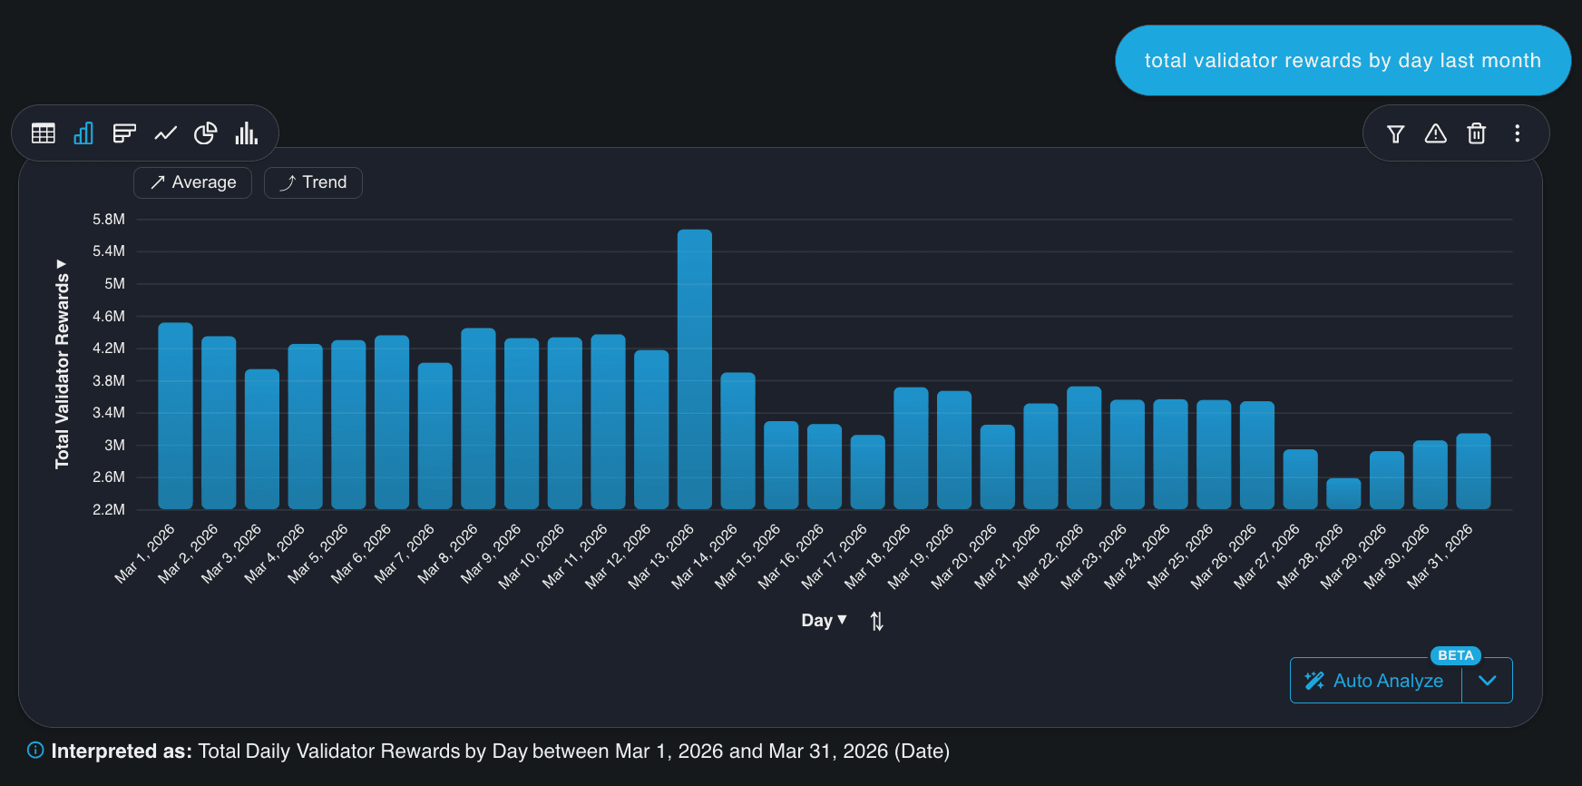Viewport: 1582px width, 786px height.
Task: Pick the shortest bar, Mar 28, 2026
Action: tap(1343, 494)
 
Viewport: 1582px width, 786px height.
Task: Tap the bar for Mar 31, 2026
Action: tap(1473, 471)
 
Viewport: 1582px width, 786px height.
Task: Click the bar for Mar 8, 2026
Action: tap(478, 418)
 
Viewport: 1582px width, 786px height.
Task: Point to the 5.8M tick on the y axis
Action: tap(109, 220)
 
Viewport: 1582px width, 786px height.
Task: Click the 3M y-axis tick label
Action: tap(114, 445)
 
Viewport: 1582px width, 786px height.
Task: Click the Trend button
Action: tap(313, 182)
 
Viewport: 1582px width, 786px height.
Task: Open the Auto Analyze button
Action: tap(1375, 681)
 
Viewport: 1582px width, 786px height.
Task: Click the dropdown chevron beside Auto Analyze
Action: tap(1487, 681)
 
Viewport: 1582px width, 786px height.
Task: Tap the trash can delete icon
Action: tap(1476, 133)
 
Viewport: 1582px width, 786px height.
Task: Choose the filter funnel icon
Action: tap(1395, 134)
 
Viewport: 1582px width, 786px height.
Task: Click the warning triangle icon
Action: tap(1435, 133)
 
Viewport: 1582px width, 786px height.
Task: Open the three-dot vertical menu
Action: tap(1517, 133)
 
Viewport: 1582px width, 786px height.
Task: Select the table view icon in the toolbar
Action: tap(43, 133)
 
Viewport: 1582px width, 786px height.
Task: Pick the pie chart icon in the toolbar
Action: tap(206, 133)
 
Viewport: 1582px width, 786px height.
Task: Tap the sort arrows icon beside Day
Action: tap(876, 621)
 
